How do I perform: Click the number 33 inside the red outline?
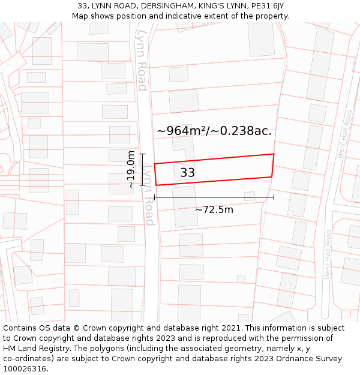click(x=188, y=173)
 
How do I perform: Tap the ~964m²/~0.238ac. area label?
click(x=214, y=131)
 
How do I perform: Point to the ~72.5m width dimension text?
click(x=214, y=209)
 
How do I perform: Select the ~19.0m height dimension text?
click(x=131, y=169)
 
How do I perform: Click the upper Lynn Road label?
click(x=142, y=60)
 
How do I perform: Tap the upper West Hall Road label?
click(x=346, y=134)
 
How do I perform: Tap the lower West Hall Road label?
click(x=328, y=254)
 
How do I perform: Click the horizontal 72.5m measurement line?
click(x=214, y=197)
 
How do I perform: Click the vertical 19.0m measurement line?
click(x=143, y=169)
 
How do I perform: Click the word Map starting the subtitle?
click(x=80, y=16)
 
